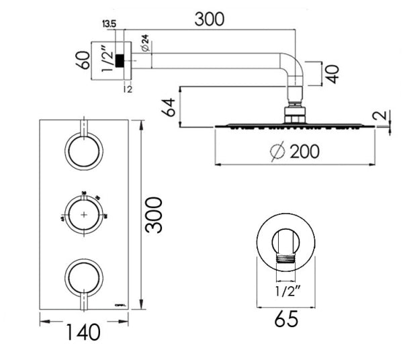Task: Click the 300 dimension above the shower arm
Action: tap(210, 19)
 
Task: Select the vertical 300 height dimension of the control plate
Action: tap(154, 214)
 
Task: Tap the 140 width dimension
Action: tap(84, 331)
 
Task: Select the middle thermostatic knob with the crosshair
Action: tap(83, 214)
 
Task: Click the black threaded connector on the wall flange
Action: tap(121, 62)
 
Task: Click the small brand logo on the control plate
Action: tap(121, 300)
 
